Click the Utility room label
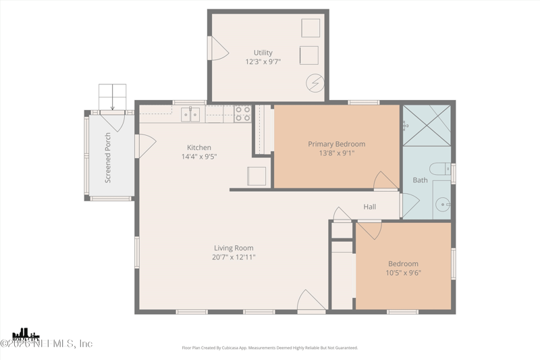point(263,53)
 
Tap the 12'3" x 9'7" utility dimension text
point(263,62)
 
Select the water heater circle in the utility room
point(315,83)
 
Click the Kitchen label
point(199,147)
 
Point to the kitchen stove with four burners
point(243,113)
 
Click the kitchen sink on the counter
point(190,115)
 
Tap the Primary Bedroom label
point(336,144)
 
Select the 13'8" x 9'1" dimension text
point(336,153)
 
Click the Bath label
point(421,180)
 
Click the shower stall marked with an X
point(427,126)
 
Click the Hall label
point(370,207)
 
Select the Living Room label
point(234,248)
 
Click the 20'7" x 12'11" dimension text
point(234,257)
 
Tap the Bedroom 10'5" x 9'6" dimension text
point(403,273)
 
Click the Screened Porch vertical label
point(108,157)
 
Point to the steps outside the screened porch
point(112,96)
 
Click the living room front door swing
point(311,301)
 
